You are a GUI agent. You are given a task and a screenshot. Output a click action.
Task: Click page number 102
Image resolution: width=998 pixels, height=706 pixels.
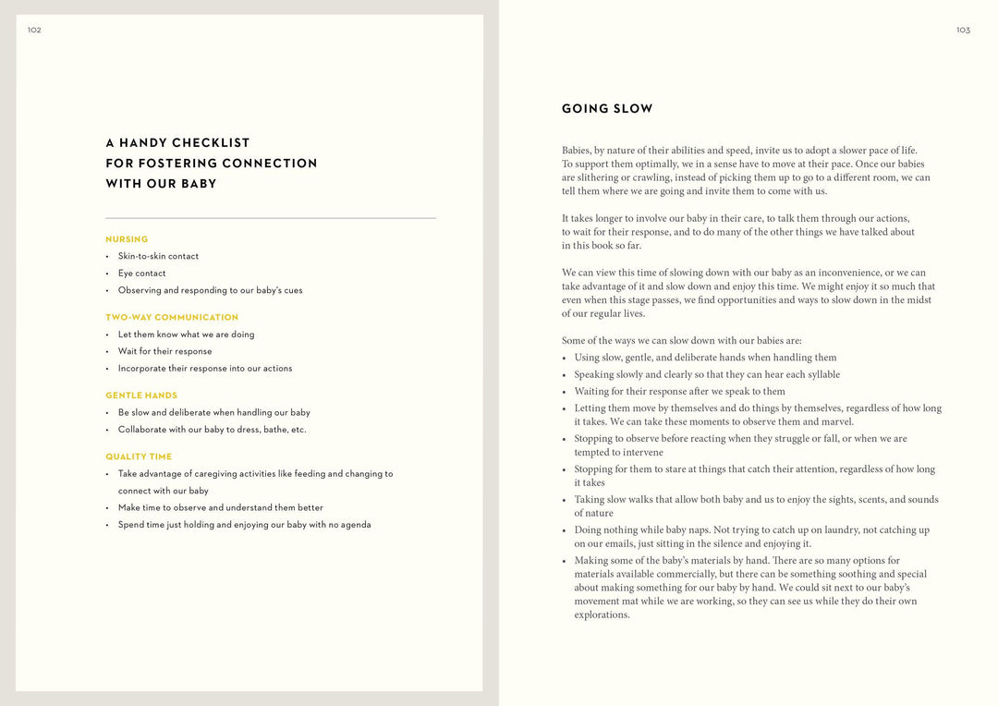34,30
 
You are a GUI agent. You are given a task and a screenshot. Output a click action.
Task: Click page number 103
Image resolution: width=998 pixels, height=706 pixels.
963,30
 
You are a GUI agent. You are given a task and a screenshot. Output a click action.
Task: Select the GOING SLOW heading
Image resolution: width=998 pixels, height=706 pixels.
607,109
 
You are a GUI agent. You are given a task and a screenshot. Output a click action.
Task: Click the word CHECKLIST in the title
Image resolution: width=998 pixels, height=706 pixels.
210,143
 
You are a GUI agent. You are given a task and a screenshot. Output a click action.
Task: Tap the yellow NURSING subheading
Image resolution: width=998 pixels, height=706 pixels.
127,239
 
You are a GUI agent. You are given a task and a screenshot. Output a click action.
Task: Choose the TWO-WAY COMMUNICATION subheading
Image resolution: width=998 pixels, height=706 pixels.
172,317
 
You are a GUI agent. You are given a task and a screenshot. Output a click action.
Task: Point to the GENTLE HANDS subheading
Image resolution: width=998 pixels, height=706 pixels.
141,396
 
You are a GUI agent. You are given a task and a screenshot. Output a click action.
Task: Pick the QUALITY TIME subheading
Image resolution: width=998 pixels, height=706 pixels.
139,456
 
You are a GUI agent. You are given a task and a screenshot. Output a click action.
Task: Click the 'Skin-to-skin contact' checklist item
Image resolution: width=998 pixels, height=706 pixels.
158,256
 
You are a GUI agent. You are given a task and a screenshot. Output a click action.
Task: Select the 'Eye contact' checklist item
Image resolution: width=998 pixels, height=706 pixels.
142,274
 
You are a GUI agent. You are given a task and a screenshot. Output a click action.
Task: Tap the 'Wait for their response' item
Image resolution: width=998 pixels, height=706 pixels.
164,351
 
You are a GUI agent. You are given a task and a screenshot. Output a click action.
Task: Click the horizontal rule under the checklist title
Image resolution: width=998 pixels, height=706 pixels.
271,218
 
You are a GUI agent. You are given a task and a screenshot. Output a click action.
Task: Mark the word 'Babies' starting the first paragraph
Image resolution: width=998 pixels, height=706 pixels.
576,151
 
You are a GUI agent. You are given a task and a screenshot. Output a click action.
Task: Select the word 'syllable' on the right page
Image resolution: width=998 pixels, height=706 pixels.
821,375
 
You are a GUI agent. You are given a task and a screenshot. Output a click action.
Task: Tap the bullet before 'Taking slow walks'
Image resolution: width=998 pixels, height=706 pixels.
564,500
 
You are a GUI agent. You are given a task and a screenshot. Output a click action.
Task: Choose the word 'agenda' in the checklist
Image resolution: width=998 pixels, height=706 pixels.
356,525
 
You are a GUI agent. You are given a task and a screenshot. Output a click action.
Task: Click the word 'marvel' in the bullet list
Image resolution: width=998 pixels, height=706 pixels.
837,422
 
